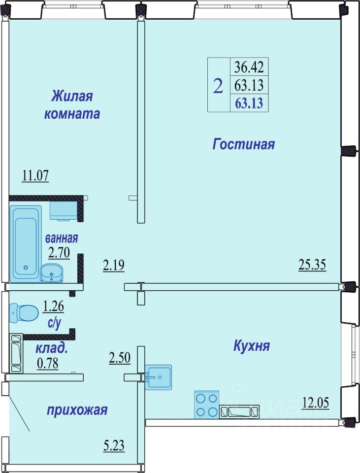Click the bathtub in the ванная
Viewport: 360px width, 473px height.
[x=26, y=244]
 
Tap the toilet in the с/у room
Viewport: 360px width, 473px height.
[x=24, y=313]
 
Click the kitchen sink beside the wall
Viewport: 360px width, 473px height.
[x=158, y=377]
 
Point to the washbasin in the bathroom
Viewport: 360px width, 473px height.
[x=52, y=273]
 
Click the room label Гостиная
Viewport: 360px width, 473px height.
[x=244, y=144]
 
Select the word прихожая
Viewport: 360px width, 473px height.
[x=77, y=410]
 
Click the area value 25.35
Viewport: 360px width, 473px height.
[x=312, y=265]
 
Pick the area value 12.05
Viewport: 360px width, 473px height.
[x=315, y=403]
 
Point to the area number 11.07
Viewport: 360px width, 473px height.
[x=35, y=175]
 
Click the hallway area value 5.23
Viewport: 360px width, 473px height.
[x=114, y=445]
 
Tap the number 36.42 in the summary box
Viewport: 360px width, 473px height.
[x=249, y=67]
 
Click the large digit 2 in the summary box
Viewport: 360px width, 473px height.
[x=218, y=86]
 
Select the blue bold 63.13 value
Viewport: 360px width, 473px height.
[x=249, y=103]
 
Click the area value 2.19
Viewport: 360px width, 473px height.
[x=114, y=266]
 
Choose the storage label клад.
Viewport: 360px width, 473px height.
[x=52, y=349]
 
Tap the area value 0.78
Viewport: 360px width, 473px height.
[x=48, y=363]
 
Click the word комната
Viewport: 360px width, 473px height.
[x=72, y=114]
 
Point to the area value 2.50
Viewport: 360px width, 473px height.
[x=120, y=358]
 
